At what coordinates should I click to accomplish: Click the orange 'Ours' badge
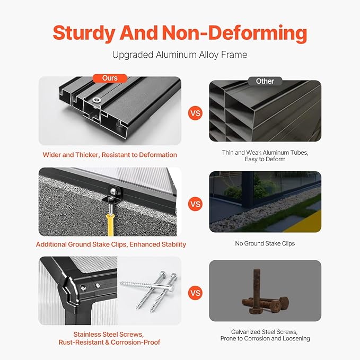110,78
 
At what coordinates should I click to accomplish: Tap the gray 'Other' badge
265,81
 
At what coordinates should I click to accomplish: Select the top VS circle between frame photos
196,113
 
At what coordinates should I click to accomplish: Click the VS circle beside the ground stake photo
196,204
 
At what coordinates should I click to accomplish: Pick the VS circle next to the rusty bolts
196,293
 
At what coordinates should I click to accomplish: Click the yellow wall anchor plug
110,225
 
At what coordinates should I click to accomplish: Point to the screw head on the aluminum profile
96,100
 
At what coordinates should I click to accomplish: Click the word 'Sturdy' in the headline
84,33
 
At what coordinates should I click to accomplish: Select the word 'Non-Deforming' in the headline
234,33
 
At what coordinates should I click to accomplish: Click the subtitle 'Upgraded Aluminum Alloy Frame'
180,55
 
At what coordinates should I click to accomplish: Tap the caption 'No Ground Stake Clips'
265,243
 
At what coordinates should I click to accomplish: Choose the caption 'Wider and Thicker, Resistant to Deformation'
110,155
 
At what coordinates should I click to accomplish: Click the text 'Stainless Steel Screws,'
109,334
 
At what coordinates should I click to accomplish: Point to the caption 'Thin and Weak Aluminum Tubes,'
265,153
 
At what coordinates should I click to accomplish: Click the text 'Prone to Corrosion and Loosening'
265,338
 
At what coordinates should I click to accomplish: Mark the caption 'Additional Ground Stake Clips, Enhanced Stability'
111,244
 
